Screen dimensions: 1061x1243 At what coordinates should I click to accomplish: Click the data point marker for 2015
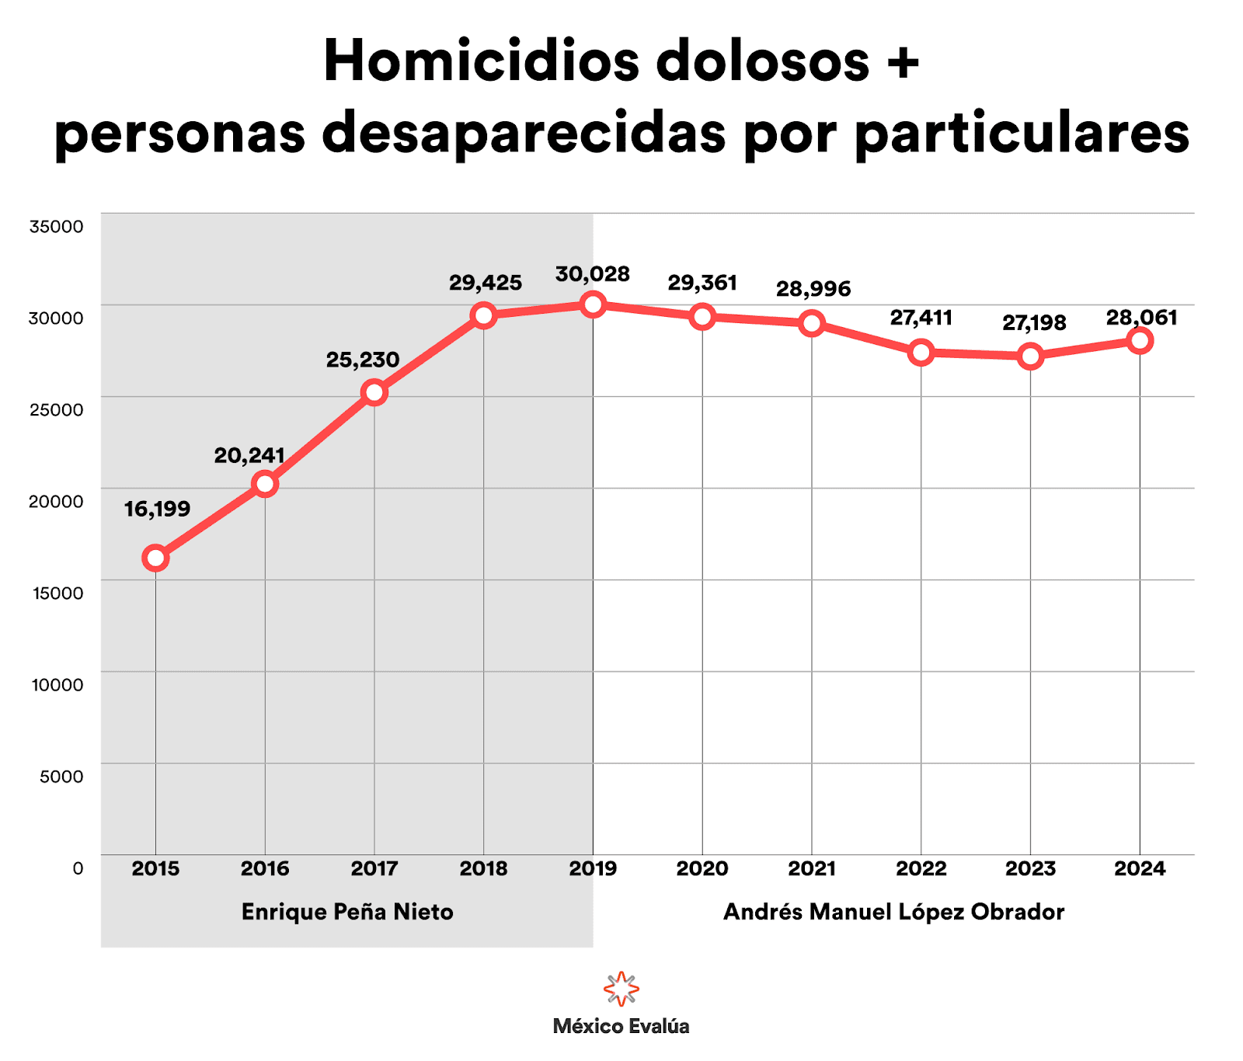(x=155, y=558)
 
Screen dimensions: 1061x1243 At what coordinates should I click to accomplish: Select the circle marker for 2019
(x=593, y=304)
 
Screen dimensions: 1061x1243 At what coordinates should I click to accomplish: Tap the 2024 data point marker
(x=1140, y=340)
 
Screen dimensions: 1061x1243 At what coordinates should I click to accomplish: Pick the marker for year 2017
(x=374, y=392)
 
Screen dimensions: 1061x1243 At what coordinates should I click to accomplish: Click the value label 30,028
(x=592, y=274)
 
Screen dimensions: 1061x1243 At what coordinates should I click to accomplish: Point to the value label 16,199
(x=157, y=510)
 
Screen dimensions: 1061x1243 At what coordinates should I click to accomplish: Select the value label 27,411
(x=921, y=318)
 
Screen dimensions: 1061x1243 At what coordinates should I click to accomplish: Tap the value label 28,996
(x=813, y=289)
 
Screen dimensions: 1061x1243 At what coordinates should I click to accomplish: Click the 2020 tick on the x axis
(x=702, y=868)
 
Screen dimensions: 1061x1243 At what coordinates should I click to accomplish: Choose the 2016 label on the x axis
(x=265, y=868)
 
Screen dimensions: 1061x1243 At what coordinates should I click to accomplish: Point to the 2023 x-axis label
(x=1030, y=868)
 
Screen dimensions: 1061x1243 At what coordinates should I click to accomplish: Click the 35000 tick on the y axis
(x=56, y=227)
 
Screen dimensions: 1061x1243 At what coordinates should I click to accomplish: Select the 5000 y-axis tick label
(x=61, y=777)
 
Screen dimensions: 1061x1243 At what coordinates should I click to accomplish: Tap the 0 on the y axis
(x=78, y=868)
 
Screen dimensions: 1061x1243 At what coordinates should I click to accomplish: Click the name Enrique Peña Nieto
(x=347, y=912)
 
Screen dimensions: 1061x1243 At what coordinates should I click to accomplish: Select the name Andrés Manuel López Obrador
(x=893, y=912)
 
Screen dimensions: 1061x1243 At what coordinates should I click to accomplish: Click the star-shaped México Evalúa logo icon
(x=621, y=989)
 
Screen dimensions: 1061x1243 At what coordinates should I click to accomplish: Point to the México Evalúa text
(x=621, y=1027)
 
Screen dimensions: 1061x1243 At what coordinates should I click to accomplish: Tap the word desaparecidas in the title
(x=524, y=134)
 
